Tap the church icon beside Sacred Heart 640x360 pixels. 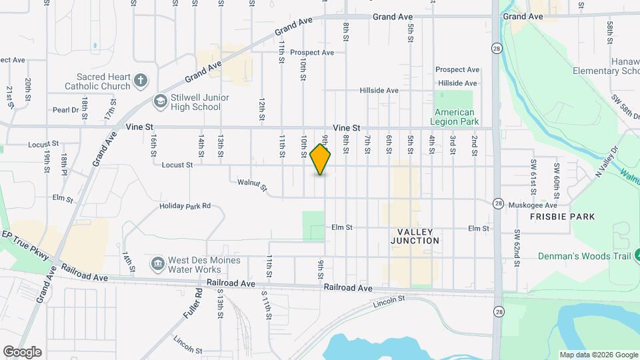140,81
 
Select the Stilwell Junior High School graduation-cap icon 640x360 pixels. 160,101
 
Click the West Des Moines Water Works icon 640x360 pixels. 157,264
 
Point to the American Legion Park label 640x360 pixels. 454,117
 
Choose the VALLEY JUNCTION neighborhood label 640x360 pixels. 415,235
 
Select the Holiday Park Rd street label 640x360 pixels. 185,206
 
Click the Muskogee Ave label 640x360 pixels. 532,205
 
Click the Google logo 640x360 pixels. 22,352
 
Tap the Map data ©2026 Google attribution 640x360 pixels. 599,355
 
